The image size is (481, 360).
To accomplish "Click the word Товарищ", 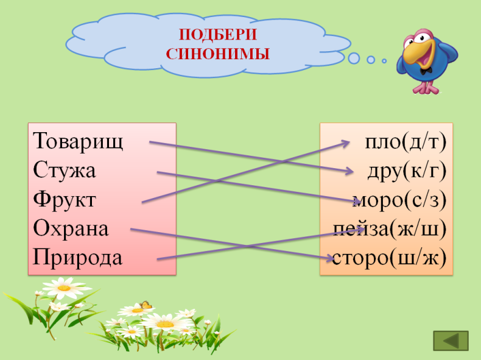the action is [x=78, y=142].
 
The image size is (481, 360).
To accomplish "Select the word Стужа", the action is [x=65, y=170].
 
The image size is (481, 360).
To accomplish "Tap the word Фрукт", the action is [x=65, y=199].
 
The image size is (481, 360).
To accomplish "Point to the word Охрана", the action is [x=71, y=228].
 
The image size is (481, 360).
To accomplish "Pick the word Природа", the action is [x=77, y=257].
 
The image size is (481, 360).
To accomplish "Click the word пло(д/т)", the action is [x=406, y=142].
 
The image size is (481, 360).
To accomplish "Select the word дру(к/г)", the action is [x=407, y=171].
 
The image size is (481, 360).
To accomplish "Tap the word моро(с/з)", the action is [x=399, y=200].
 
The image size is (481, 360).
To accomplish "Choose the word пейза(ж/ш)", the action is [x=390, y=229].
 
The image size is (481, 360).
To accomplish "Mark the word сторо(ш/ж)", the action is [x=389, y=258].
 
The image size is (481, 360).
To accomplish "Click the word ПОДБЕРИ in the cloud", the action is [x=218, y=34].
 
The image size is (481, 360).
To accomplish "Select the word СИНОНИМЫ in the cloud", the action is [x=218, y=54].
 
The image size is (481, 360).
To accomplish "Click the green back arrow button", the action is [x=451, y=341].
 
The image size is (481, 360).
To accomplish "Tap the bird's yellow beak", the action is [x=416, y=54].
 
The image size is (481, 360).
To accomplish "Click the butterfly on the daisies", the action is [x=146, y=305].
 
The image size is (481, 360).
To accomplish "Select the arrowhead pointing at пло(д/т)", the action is [x=346, y=143].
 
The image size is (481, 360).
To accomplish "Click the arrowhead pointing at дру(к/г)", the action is [x=349, y=171].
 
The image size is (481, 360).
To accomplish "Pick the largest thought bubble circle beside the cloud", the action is [x=354, y=58].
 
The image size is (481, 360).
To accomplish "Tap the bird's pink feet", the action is [x=426, y=88].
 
